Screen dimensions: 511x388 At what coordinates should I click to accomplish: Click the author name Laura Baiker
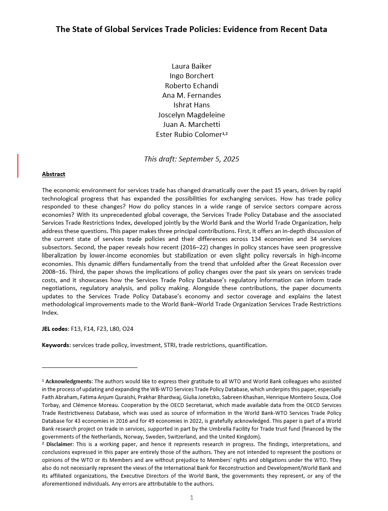coord(192,66)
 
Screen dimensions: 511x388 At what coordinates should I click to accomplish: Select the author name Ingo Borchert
coord(192,76)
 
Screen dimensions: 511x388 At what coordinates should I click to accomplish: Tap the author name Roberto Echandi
coord(192,86)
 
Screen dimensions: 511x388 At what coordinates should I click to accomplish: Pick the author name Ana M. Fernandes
coord(192,95)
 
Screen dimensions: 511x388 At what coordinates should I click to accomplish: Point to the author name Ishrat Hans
coord(192,105)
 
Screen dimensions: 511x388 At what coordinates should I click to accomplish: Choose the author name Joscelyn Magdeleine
coord(192,115)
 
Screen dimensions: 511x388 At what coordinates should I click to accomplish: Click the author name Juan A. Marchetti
coord(192,124)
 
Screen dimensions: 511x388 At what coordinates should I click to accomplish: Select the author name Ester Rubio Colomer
coord(189,134)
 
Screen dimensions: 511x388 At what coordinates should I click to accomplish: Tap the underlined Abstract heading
coord(54,174)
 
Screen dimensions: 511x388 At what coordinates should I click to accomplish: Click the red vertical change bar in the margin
coord(18,166)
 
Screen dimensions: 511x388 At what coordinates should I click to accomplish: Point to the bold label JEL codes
coord(54,329)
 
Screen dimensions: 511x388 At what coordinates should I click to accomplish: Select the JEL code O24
coord(128,329)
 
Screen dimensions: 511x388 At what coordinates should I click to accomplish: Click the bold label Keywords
coord(56,345)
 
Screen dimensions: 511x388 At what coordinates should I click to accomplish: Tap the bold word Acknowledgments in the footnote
coord(69,381)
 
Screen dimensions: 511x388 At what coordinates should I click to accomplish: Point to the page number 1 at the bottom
coord(192,497)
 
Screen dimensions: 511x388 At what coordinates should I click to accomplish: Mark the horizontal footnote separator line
coord(89,367)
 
